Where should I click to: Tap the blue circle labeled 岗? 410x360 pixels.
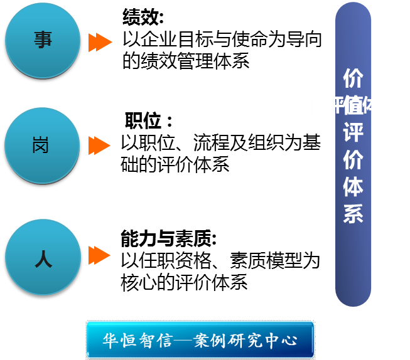43,146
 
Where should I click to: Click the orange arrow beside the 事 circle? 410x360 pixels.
99,42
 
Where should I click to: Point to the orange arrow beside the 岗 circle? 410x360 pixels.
99,146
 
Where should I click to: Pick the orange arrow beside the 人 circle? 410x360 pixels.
99,255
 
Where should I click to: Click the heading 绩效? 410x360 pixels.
143,18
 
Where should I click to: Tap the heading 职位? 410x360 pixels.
148,121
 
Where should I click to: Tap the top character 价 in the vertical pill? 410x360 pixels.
353,80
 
